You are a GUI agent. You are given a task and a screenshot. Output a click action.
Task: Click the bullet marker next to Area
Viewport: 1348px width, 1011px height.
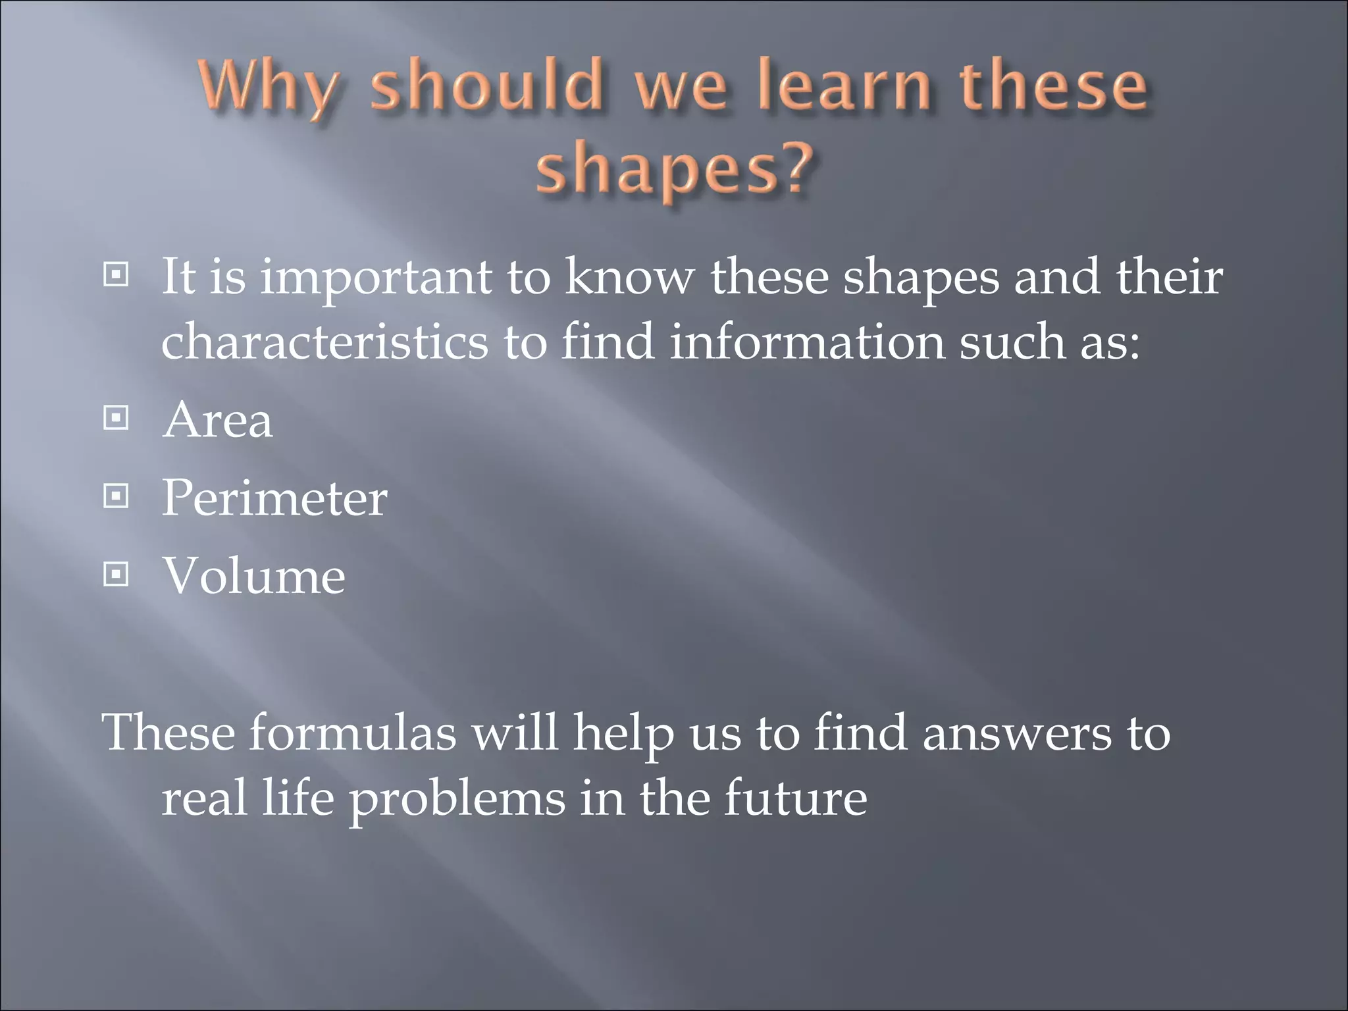(x=117, y=418)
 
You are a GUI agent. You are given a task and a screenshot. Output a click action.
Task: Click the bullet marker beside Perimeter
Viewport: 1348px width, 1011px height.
(x=117, y=496)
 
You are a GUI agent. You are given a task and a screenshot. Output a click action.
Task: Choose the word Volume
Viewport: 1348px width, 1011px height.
(x=253, y=576)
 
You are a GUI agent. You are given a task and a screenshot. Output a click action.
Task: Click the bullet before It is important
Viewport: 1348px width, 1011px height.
(x=117, y=275)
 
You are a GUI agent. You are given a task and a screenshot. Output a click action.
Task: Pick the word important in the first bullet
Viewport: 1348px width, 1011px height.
(x=375, y=279)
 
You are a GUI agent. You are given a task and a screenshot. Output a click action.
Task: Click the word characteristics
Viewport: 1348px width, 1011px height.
(x=325, y=342)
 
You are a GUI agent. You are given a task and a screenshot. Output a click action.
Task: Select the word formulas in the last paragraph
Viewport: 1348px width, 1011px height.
(x=352, y=733)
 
